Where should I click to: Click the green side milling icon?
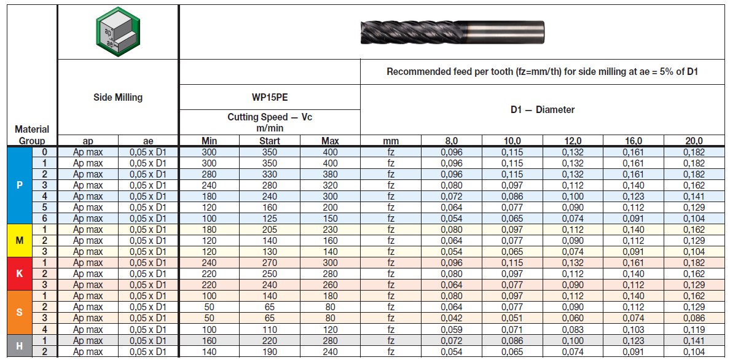click(117, 31)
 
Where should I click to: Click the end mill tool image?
click(452, 31)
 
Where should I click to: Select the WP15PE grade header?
click(269, 97)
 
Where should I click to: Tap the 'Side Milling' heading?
click(117, 97)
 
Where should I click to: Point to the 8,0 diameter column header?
click(451, 141)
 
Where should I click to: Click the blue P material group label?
click(20, 185)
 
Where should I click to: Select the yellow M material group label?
click(20, 240)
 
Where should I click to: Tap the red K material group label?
click(20, 273)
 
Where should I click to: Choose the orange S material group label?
click(20, 312)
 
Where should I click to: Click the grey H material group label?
click(20, 346)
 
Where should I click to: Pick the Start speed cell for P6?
click(269, 218)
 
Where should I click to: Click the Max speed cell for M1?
click(330, 229)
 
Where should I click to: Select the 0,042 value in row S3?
click(451, 318)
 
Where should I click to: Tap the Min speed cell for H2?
click(209, 351)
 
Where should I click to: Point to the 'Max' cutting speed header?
click(330, 141)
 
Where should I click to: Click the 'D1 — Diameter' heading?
click(543, 109)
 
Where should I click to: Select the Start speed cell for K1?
click(269, 262)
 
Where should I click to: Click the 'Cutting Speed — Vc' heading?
click(269, 122)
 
